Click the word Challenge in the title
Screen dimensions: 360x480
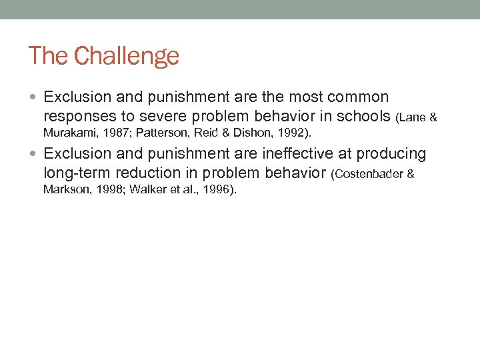point(127,56)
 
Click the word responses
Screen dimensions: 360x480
point(79,117)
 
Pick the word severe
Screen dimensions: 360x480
point(161,117)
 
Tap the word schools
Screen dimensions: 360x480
point(364,117)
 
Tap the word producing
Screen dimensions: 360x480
point(391,154)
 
